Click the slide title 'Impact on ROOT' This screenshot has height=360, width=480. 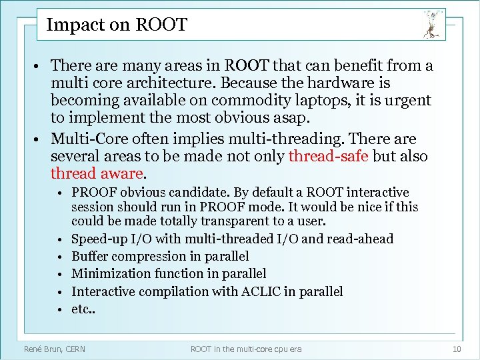coord(117,25)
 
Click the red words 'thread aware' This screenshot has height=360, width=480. coord(97,174)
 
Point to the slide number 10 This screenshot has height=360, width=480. coord(456,349)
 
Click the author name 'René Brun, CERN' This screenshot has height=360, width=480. coord(55,349)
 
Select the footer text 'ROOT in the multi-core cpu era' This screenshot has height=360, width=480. coord(246,349)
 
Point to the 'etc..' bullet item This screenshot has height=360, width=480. coord(83,309)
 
